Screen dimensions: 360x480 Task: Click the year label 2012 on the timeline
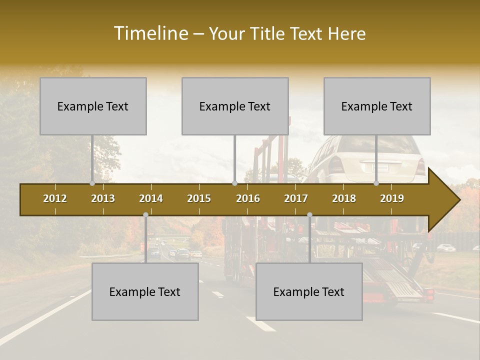point(55,198)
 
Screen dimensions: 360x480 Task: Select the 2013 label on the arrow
point(103,198)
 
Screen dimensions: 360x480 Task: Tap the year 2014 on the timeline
point(151,198)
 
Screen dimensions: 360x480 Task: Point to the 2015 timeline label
point(199,198)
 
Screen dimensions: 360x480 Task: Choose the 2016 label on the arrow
point(248,198)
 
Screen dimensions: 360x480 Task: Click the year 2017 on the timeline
point(296,198)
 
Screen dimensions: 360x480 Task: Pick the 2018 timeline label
point(344,198)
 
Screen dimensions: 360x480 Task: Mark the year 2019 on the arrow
point(392,198)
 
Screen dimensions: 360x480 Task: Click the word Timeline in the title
point(150,33)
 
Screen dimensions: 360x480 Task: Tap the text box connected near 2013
point(93,106)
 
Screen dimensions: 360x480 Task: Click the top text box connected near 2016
point(235,106)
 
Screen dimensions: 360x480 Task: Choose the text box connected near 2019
point(377,106)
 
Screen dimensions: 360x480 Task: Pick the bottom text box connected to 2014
point(145,291)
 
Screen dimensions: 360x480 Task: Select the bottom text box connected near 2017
point(309,291)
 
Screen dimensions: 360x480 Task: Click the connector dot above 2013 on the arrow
point(92,183)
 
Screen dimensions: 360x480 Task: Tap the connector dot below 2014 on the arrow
point(145,215)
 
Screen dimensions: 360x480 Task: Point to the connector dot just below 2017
point(309,215)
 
